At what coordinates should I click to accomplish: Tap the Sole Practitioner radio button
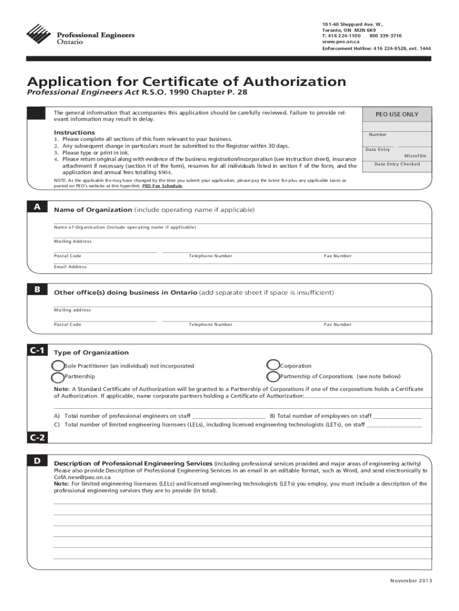(58, 366)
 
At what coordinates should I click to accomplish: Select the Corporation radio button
(273, 365)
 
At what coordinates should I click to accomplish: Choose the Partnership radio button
(58, 377)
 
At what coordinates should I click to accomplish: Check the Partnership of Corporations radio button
(273, 377)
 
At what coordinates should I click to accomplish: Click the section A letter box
(37, 207)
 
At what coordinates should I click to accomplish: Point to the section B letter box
(37, 289)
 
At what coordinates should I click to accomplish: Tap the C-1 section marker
(37, 350)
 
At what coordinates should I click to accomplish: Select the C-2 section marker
(37, 438)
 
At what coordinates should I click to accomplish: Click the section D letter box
(37, 461)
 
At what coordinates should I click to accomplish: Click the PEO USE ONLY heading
(396, 114)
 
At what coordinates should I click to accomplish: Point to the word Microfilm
(416, 156)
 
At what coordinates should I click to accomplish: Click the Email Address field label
(70, 267)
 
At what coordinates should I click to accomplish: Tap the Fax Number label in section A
(337, 256)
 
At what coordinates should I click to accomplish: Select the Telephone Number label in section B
(210, 325)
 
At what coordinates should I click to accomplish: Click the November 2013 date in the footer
(411, 581)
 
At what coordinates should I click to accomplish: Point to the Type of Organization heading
(91, 353)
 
